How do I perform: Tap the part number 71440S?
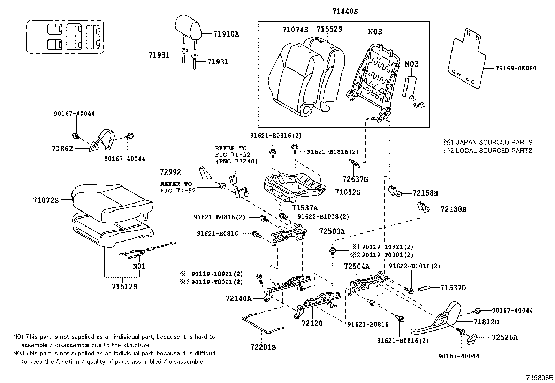click(x=344, y=11)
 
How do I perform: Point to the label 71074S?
click(x=295, y=30)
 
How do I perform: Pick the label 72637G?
click(x=355, y=179)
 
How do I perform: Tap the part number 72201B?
click(x=263, y=347)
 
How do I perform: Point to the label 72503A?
click(x=332, y=231)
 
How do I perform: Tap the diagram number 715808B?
click(x=540, y=377)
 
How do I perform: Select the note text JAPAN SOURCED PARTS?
click(x=494, y=142)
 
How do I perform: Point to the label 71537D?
click(x=453, y=288)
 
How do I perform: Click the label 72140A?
click(x=238, y=298)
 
